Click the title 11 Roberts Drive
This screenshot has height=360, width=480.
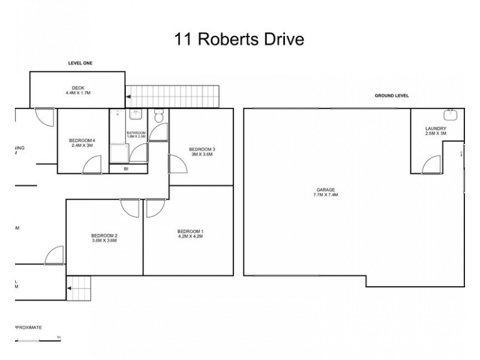click(239, 40)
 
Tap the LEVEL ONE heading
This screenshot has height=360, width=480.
click(79, 63)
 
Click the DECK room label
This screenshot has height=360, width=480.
click(77, 91)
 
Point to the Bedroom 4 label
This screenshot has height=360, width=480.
click(83, 143)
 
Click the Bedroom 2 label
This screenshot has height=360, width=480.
click(104, 238)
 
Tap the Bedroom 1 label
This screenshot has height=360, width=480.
click(191, 234)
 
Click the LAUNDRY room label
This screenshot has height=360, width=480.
click(435, 131)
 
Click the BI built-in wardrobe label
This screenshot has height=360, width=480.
click(126, 169)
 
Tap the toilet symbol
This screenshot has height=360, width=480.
click(159, 116)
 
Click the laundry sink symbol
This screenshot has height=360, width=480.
click(449, 115)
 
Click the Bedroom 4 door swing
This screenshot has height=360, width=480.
click(92, 165)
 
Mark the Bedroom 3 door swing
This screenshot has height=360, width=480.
click(177, 164)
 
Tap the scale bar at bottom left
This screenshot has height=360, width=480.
click(37, 340)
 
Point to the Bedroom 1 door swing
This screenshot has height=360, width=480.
click(154, 208)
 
